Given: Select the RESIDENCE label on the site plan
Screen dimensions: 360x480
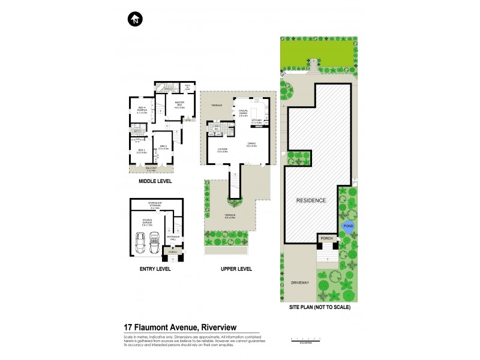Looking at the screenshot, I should pos(311,200).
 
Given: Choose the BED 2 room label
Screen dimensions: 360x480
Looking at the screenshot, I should pos(163,148).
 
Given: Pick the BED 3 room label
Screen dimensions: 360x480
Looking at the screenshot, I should pos(142,151).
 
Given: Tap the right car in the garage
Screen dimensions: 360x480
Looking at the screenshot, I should pos(156,243).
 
